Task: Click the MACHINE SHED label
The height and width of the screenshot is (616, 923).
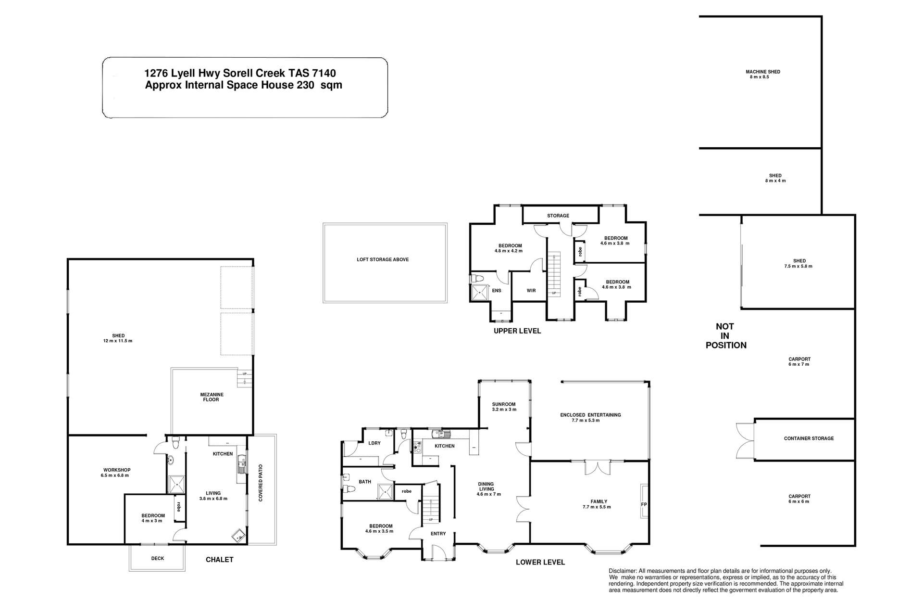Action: point(762,72)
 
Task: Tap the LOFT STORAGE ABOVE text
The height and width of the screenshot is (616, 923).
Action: point(383,259)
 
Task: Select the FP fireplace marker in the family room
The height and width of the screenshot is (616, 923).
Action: point(644,504)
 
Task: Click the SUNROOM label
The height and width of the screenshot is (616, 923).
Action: point(504,404)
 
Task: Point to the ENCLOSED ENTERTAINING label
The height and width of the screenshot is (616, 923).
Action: point(590,415)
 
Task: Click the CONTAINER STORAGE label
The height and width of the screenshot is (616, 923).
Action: point(809,438)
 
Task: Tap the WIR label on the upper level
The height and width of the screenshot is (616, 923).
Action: point(531,291)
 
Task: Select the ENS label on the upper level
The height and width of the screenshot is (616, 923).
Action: point(497,291)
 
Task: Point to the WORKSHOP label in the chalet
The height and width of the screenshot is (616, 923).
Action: point(117,470)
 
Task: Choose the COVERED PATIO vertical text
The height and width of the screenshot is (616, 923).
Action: point(261,483)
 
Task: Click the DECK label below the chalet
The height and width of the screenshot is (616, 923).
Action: point(158,558)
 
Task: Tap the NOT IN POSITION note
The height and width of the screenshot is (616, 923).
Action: point(725,336)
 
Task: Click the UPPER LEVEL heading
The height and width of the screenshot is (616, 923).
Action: point(517,331)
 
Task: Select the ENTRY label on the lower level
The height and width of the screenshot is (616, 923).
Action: point(438,533)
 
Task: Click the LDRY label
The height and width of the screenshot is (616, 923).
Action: point(374,443)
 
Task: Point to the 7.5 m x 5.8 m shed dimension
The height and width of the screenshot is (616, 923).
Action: point(799,266)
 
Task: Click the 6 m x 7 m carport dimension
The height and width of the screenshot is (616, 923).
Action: point(799,364)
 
